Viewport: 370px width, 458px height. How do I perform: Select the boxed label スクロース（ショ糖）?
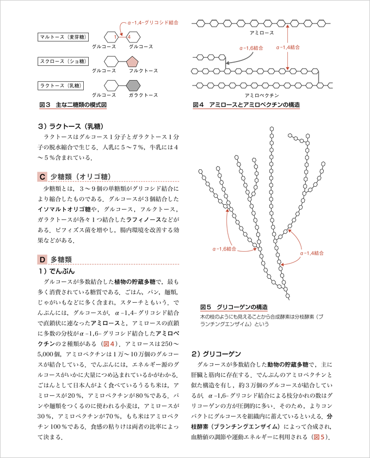(x=61, y=61)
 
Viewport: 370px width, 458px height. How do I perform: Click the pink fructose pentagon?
(x=133, y=61)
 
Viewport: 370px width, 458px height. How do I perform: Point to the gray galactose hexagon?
(x=133, y=85)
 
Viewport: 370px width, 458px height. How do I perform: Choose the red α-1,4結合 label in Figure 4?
(x=288, y=48)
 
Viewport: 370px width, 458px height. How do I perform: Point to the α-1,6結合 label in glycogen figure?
(x=224, y=248)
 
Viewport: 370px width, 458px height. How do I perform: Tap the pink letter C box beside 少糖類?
(x=42, y=176)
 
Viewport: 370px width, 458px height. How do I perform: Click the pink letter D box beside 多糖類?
(x=42, y=259)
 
